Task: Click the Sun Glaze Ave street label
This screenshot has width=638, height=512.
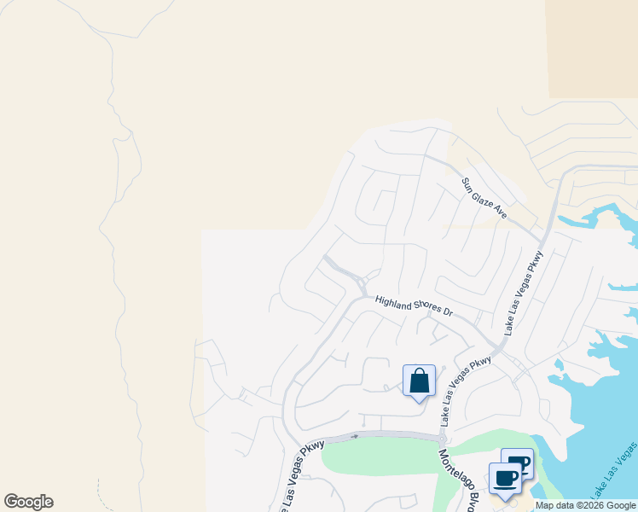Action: point(484,198)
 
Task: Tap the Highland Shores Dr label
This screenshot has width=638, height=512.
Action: point(413,305)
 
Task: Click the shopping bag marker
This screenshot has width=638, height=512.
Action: point(419,381)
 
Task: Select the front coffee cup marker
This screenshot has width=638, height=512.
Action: point(505,478)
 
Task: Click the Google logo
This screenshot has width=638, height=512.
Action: point(28,502)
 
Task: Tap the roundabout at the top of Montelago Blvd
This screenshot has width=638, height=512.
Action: point(444,439)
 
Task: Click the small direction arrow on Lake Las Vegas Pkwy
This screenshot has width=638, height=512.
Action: point(354,436)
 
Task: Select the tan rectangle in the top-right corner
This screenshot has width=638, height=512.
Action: point(593,48)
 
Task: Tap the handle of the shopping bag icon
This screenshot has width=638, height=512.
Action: point(419,373)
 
